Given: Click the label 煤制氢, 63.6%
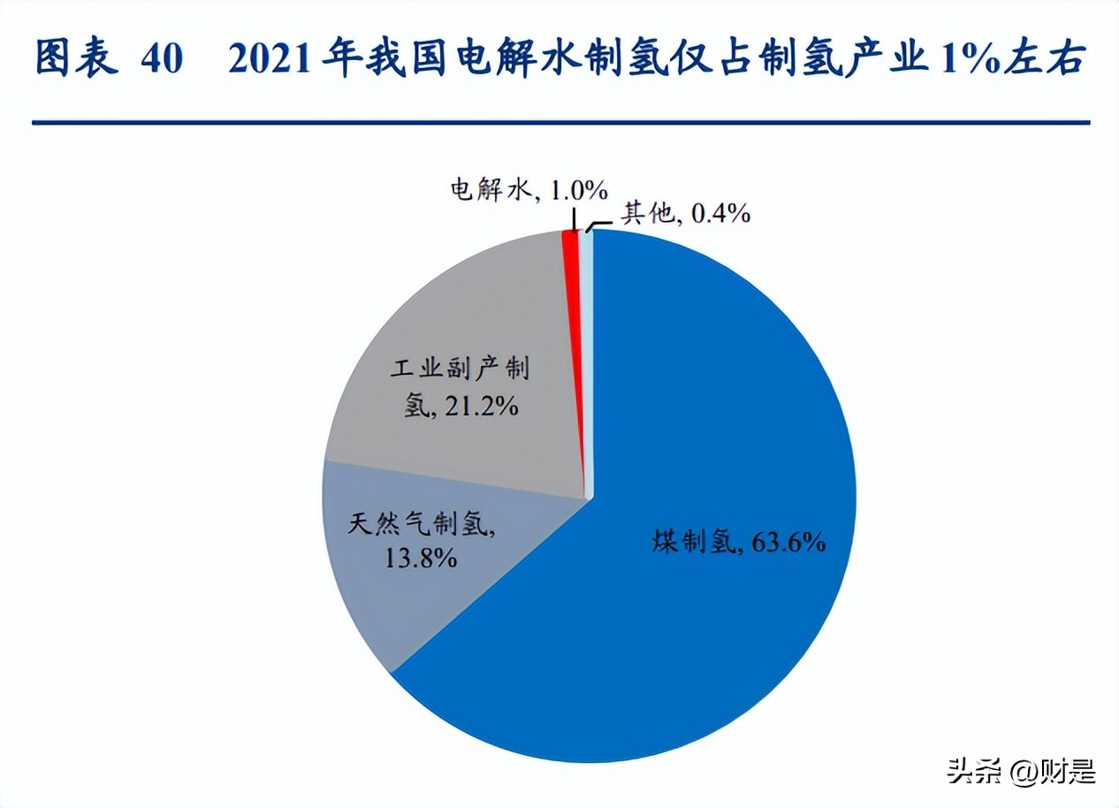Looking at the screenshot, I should click(x=739, y=542).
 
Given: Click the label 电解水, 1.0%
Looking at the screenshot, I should click(x=529, y=189).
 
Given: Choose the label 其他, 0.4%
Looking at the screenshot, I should click(x=685, y=212).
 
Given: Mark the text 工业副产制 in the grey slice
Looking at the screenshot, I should click(x=460, y=369).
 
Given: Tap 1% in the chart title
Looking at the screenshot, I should click(x=976, y=59).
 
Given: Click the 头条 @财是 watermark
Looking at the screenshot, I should click(x=1021, y=771).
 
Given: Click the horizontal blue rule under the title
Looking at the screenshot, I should click(x=559, y=122).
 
